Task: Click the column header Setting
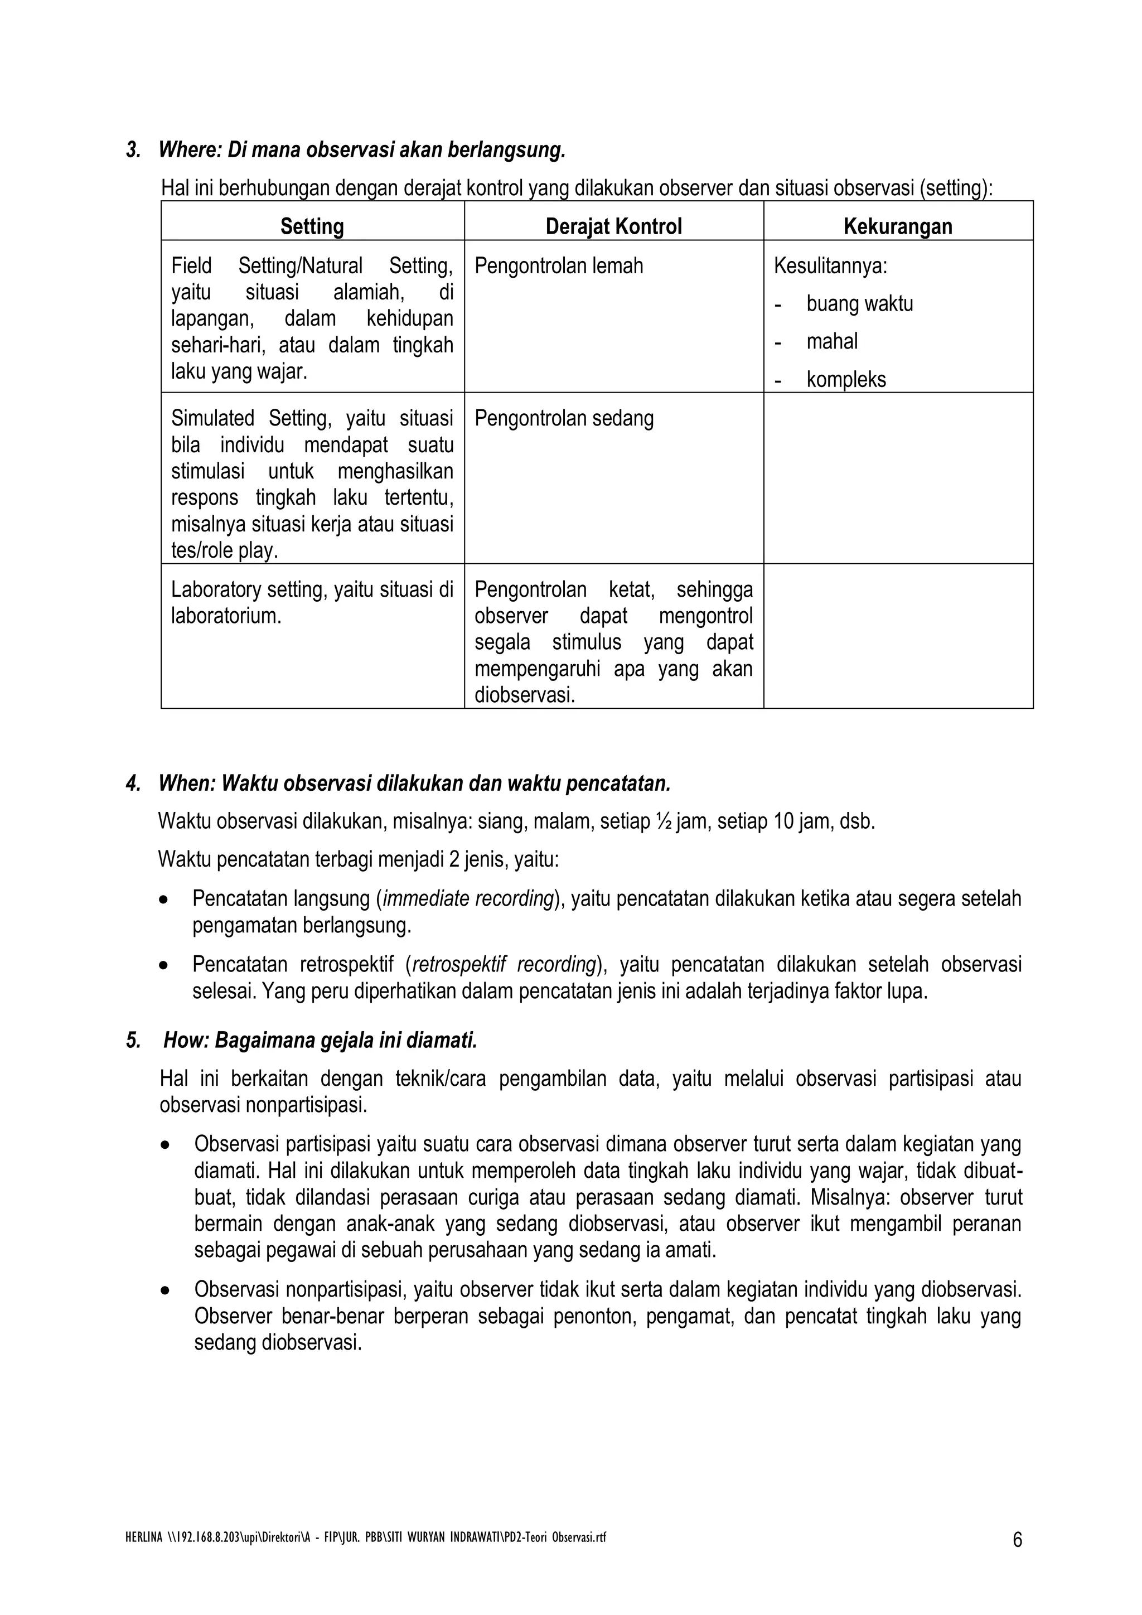click(x=312, y=226)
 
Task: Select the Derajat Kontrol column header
click(x=613, y=226)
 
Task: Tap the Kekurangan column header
click(x=897, y=226)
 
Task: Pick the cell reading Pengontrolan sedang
click(x=564, y=418)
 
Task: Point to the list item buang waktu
click(x=859, y=304)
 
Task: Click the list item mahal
click(x=832, y=342)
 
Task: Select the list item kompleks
click(x=846, y=380)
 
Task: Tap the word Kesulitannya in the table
click(x=830, y=266)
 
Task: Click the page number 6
click(x=1017, y=1540)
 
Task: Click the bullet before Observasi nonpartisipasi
click(x=164, y=1292)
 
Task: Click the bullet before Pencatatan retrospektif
click(x=164, y=966)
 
